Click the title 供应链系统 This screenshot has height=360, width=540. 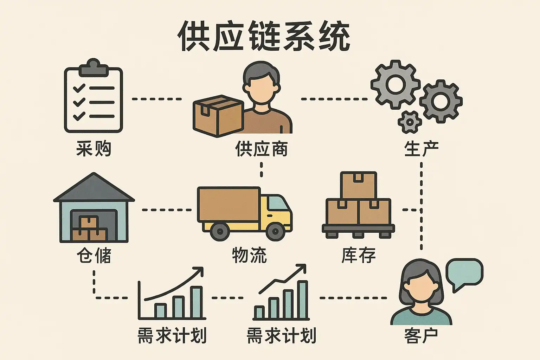(264, 36)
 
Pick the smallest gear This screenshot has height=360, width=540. (410, 122)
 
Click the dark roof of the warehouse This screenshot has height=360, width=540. (94, 189)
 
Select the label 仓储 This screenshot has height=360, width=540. (94, 255)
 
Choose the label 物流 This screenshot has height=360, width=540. (249, 255)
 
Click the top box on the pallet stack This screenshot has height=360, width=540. (358, 185)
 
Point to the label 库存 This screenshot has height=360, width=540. (358, 255)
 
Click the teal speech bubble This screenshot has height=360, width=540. (464, 273)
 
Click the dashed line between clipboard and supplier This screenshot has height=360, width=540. (157, 99)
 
